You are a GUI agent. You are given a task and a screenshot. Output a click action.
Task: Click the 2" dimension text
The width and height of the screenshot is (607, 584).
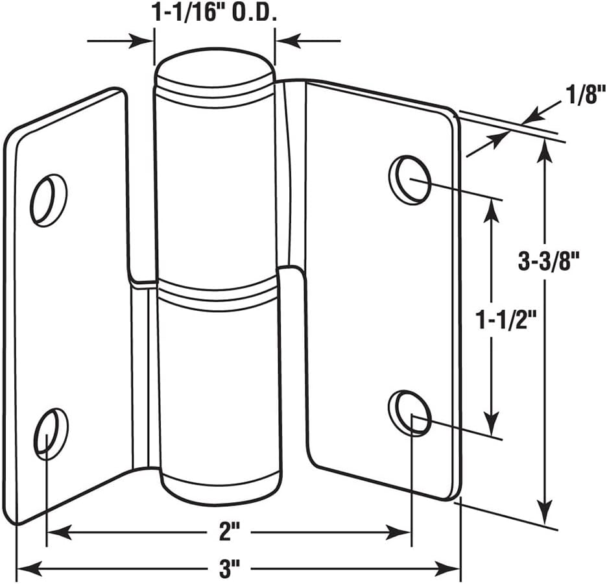[x=230, y=533]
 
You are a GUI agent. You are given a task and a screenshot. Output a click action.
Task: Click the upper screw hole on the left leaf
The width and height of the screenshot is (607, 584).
[x=49, y=200]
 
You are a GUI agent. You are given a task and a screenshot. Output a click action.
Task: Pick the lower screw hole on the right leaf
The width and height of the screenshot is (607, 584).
[x=411, y=413]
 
